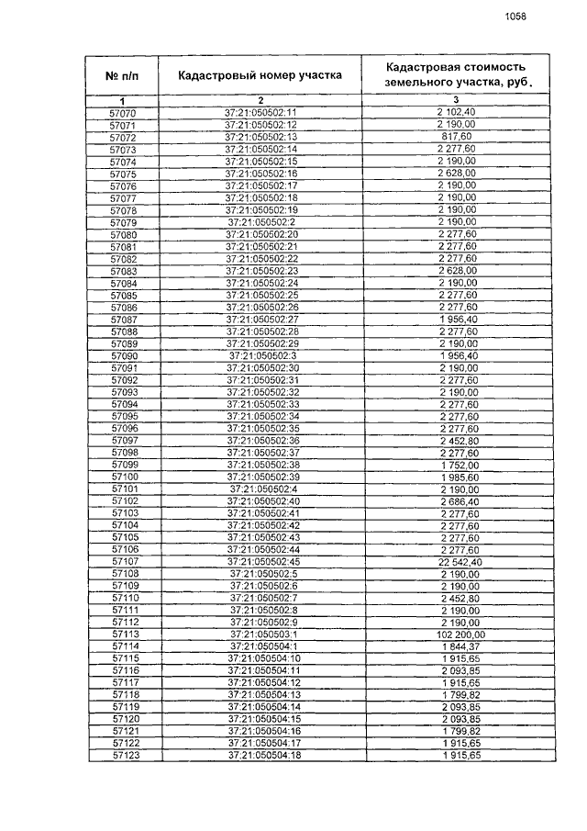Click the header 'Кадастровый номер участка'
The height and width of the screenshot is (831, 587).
pos(260,75)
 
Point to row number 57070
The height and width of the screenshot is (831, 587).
pos(123,112)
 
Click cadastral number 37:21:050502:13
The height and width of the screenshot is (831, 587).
pos(261,137)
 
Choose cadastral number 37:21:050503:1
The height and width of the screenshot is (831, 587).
pos(261,634)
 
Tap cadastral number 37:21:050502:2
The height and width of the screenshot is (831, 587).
pos(261,222)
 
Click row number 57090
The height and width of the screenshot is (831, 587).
pos(124,355)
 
